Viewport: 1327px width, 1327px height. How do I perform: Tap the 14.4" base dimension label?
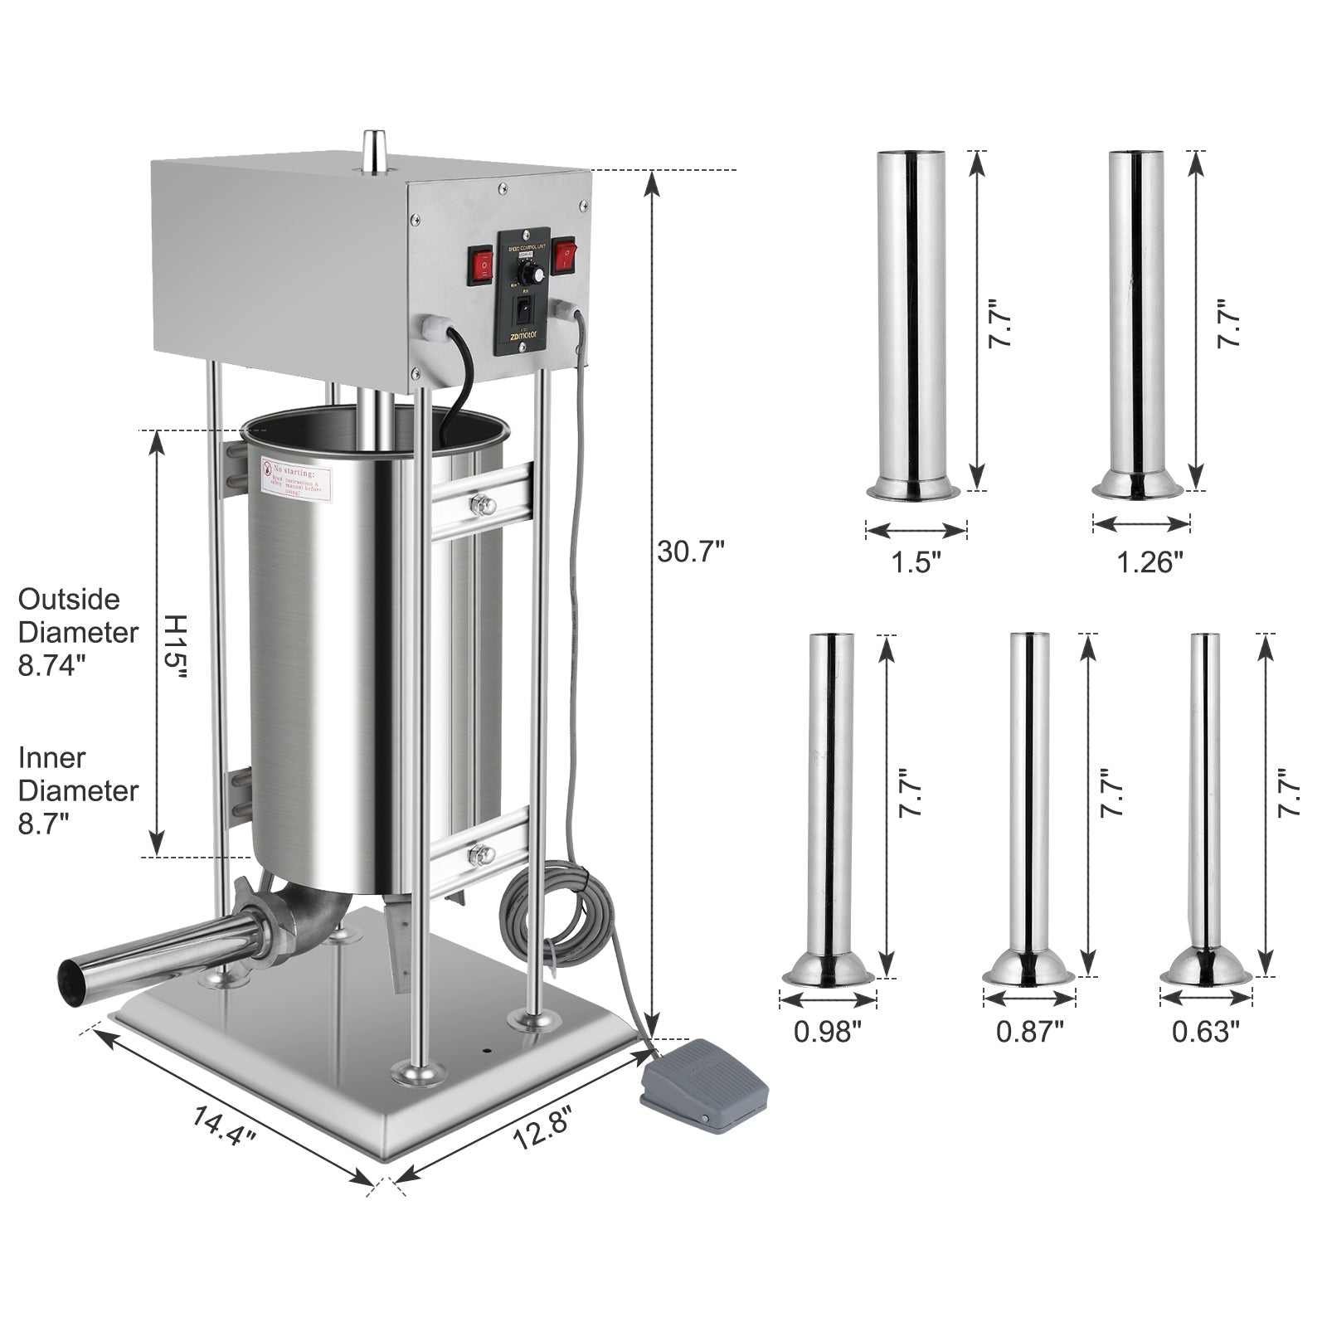click(224, 1128)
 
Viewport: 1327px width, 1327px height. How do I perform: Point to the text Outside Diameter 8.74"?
click(78, 632)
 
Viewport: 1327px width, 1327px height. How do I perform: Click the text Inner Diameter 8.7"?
click(78, 790)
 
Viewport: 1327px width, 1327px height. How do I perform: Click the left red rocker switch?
click(480, 264)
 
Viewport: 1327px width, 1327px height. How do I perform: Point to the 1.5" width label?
click(916, 563)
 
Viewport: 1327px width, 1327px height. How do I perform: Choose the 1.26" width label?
click(1148, 563)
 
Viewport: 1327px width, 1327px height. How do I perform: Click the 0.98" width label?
click(828, 1031)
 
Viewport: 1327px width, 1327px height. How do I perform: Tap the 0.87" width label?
click(1029, 1031)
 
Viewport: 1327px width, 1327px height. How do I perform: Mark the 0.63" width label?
click(1205, 1031)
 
